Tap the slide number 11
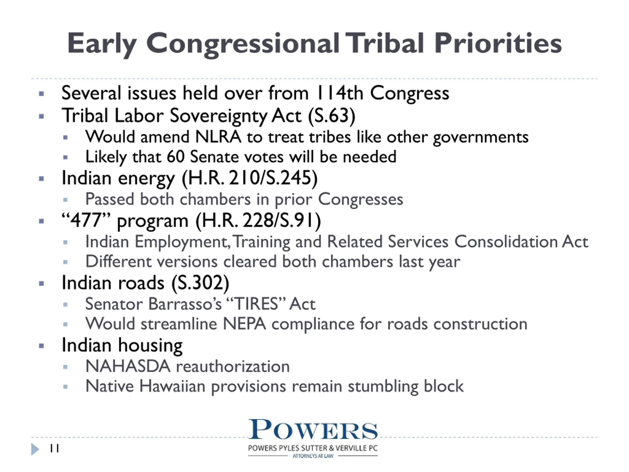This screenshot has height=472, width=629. pos(55,449)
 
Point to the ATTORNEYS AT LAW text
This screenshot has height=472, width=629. pos(313,456)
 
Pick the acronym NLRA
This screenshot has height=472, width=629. pos(218,137)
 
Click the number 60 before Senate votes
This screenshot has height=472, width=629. pos(176,157)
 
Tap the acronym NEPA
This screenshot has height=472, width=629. pos(244,324)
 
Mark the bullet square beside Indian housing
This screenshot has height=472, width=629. pos(42,346)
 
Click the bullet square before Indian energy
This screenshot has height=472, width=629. pos(42,179)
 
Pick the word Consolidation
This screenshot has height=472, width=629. pos(506,242)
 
